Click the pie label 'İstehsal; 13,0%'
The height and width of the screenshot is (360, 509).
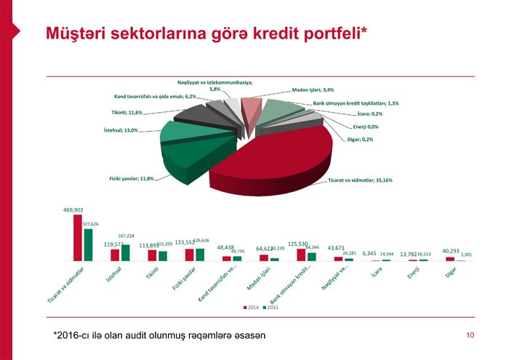pyautogui.click(x=121, y=130)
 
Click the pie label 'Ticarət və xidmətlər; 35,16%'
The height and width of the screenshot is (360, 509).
pyautogui.click(x=361, y=180)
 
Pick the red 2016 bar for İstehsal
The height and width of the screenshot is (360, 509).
pyautogui.click(x=115, y=255)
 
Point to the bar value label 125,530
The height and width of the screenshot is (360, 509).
pyautogui.click(x=298, y=244)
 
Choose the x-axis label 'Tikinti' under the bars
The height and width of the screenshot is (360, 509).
pyautogui.click(x=152, y=273)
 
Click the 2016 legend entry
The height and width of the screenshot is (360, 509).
pyautogui.click(x=250, y=308)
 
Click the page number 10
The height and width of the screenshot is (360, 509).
pyautogui.click(x=470, y=335)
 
